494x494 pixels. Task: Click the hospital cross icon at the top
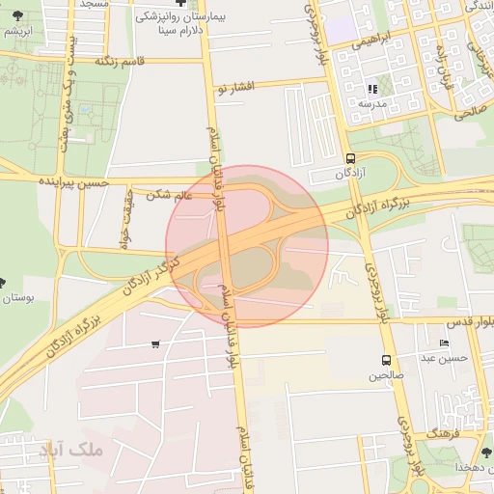pos(180,4)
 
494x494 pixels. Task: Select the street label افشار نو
pos(234,88)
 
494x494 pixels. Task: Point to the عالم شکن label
pos(170,195)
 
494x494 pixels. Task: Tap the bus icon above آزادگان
pos(349,158)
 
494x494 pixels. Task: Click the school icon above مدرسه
pos(372,89)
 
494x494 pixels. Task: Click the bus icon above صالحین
pos(386,360)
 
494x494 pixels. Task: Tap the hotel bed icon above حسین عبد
pos(444,343)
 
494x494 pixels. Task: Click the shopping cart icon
pos(155,344)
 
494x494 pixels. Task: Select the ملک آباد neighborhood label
pos(78,451)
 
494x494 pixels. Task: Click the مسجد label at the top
pos(94,4)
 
